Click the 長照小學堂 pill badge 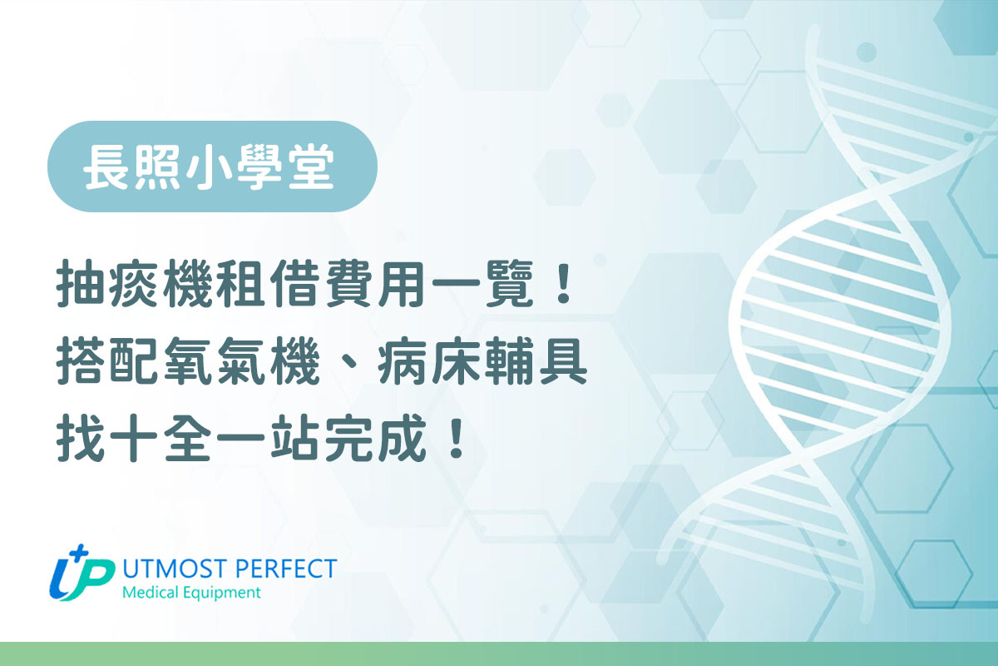pyautogui.click(x=212, y=166)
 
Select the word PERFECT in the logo pyautogui.click(x=284, y=569)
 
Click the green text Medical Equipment pyautogui.click(x=190, y=593)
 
